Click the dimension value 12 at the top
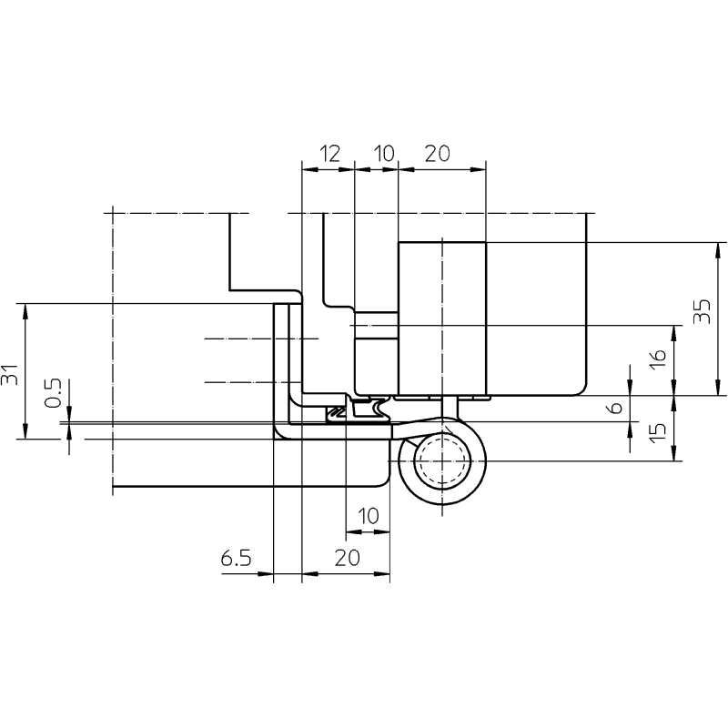pyautogui.click(x=329, y=154)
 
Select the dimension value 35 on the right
pyautogui.click(x=702, y=311)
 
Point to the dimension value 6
pyautogui.click(x=616, y=408)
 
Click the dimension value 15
pyautogui.click(x=658, y=432)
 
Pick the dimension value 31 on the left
pyautogui.click(x=10, y=374)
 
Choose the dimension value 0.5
pyautogui.click(x=53, y=393)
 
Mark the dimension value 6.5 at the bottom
pyautogui.click(x=236, y=558)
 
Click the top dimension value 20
pyautogui.click(x=438, y=154)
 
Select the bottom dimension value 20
pyautogui.click(x=347, y=558)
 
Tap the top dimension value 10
pyautogui.click(x=384, y=154)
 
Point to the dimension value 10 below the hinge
pyautogui.click(x=369, y=516)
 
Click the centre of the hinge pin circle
pyautogui.click(x=442, y=461)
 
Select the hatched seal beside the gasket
pyautogui.click(x=336, y=411)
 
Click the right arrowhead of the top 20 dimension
pyautogui.click(x=477, y=169)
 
